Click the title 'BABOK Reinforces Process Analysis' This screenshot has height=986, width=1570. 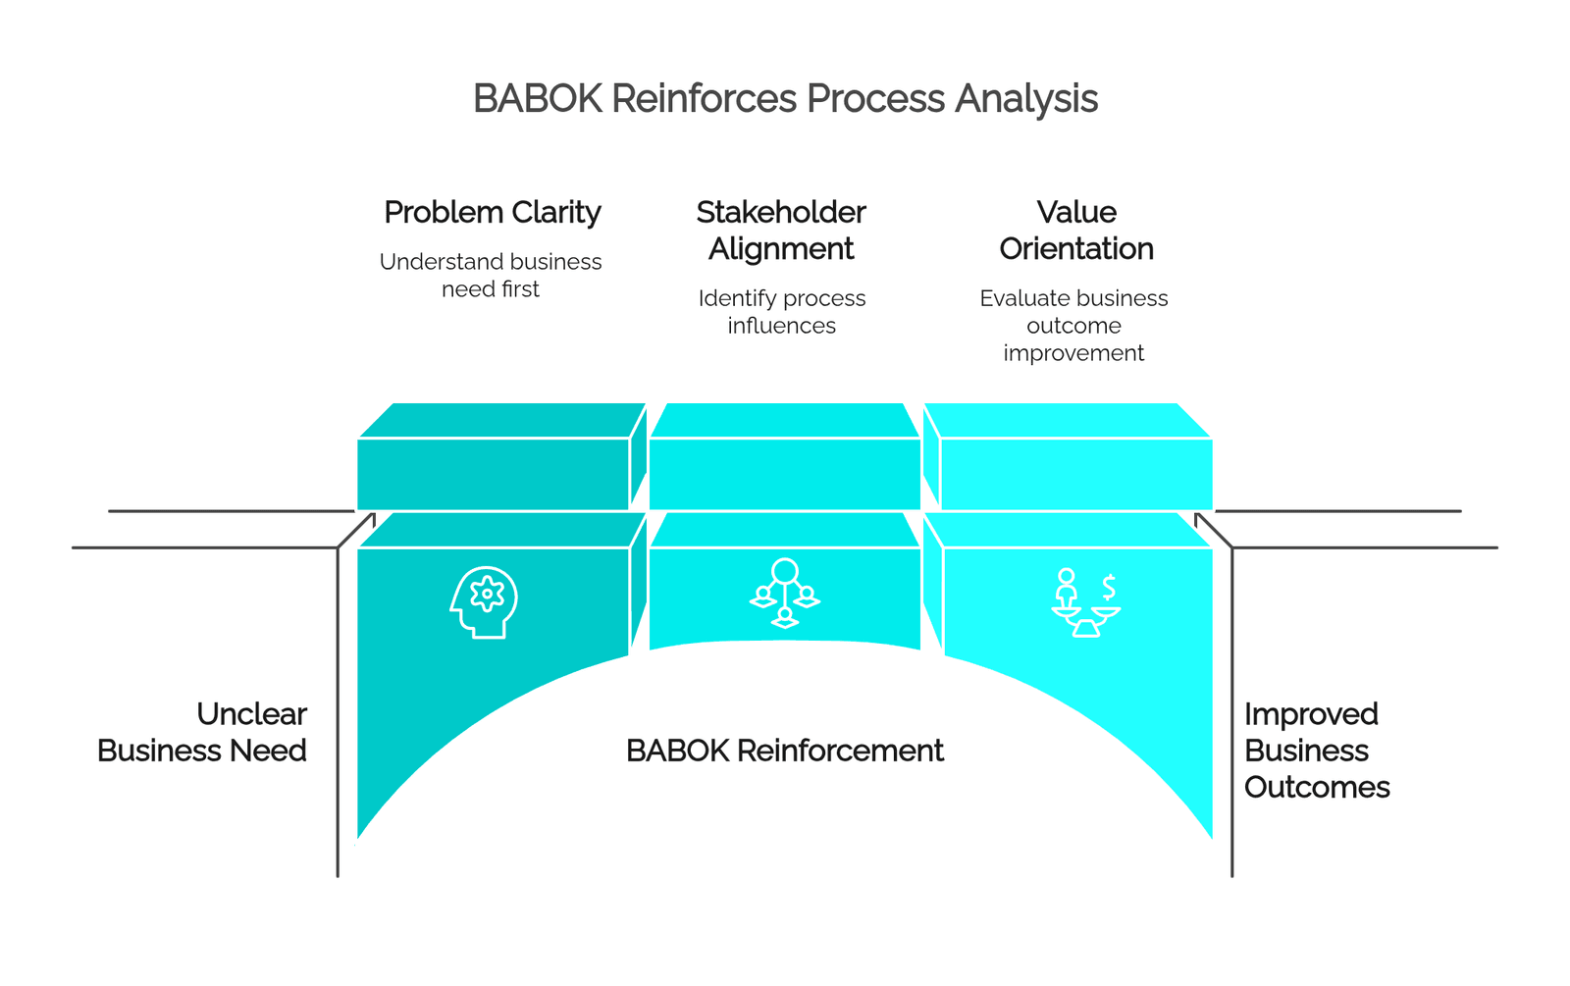pos(785,98)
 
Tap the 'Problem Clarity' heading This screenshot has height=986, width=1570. pos(492,212)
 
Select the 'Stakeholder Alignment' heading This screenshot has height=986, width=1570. pos(781,231)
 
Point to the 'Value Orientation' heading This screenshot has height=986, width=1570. pos(1075,231)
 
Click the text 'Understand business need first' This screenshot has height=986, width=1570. pos(491,275)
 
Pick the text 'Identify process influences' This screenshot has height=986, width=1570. pos(781,311)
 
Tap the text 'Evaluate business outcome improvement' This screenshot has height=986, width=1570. pos(1073,325)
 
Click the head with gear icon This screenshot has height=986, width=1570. pos(484,602)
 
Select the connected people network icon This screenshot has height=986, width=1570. pos(784,593)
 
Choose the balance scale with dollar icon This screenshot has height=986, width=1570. pos(1085,602)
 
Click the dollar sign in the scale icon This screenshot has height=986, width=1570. pos(1109,588)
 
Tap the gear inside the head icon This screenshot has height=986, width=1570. pos(487,594)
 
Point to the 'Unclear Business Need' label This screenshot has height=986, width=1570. pos(202,732)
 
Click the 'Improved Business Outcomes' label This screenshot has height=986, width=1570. pos(1316,751)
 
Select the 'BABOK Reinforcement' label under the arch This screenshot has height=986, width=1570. pos(784,751)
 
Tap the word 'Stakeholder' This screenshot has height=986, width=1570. pos(781,212)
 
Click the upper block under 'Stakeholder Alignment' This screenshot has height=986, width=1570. pos(784,456)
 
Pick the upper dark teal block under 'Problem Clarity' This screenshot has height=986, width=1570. pos(500,456)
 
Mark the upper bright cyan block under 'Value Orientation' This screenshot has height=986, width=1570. pos(1069,456)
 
